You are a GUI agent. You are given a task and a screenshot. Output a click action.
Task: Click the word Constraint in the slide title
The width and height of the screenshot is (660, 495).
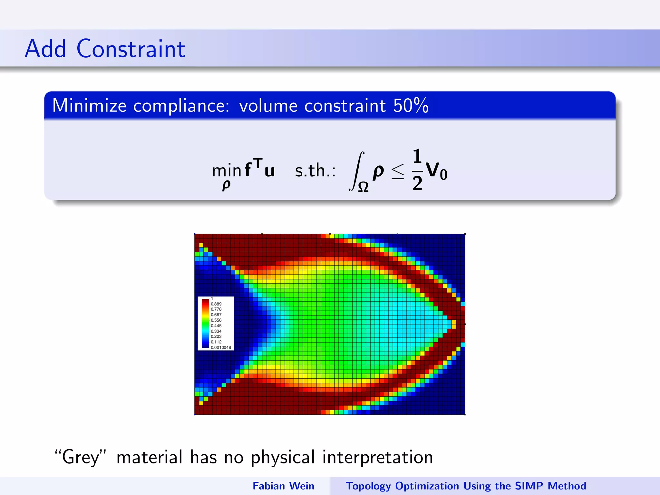tap(131, 49)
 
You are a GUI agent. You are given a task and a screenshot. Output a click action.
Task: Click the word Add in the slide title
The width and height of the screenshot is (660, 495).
tap(45, 49)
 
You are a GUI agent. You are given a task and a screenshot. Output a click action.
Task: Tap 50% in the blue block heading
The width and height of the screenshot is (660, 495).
tap(411, 106)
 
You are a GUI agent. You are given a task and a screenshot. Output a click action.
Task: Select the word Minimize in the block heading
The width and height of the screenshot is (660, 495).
tap(89, 106)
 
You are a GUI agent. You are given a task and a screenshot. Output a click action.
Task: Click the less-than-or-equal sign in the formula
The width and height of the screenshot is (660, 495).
tap(397, 171)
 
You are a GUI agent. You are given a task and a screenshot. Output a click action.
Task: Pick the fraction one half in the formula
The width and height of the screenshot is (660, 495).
tap(417, 170)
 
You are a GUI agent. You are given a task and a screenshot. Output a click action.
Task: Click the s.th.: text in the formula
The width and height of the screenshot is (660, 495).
tap(315, 170)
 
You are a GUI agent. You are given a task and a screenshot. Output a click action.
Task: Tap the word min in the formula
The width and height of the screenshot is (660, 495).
tap(227, 171)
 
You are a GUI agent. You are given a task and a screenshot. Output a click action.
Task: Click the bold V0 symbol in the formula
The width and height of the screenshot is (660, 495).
tap(436, 171)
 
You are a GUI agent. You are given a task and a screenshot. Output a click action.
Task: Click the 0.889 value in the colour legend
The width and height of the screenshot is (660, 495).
tap(216, 304)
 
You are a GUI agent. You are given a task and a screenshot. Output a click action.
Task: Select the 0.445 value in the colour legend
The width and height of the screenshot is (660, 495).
tap(216, 325)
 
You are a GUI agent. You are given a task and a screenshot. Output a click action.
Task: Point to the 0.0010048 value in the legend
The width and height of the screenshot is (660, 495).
tap(221, 347)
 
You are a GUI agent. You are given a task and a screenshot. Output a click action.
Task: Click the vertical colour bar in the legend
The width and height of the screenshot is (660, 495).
tap(205, 323)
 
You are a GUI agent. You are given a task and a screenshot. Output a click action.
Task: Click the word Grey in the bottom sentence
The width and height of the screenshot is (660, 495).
tap(81, 457)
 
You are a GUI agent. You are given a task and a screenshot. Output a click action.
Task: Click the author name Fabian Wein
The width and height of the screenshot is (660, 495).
tap(283, 486)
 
